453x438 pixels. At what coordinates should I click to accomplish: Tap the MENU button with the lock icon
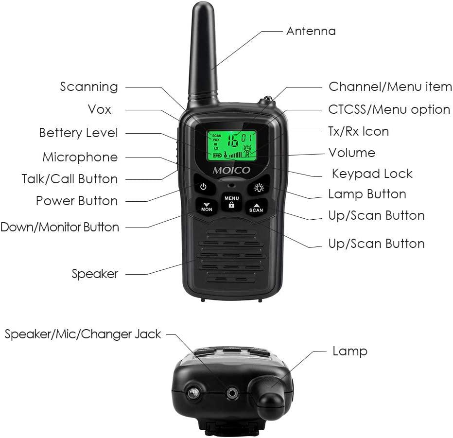231,202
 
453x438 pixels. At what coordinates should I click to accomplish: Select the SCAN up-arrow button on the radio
256,207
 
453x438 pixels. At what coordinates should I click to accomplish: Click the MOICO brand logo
231,170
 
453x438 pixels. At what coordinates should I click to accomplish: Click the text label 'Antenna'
311,31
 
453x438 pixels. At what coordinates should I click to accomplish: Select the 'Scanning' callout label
89,87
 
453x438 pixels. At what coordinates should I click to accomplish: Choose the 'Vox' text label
99,109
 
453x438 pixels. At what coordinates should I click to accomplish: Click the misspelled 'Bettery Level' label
78,133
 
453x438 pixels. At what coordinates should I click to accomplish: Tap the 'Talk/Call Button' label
70,179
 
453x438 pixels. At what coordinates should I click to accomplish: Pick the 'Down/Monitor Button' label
60,227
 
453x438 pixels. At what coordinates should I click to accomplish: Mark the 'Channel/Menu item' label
390,87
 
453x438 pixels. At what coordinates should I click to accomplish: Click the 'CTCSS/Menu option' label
389,109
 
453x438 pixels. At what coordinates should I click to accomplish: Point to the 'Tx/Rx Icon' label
358,131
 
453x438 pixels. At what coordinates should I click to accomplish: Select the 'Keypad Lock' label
372,174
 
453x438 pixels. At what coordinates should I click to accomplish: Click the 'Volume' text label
351,153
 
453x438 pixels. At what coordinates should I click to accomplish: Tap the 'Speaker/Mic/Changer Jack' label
83,334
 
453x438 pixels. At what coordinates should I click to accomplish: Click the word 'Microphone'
80,157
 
